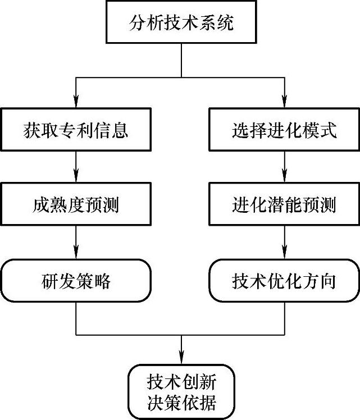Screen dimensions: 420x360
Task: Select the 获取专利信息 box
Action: [76, 130]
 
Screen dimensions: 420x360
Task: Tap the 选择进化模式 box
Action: [284, 130]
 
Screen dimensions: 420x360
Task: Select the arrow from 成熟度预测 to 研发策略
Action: [76, 243]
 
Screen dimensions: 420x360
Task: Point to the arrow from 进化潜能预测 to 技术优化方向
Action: [284, 243]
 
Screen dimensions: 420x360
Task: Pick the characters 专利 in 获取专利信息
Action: [76, 130]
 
